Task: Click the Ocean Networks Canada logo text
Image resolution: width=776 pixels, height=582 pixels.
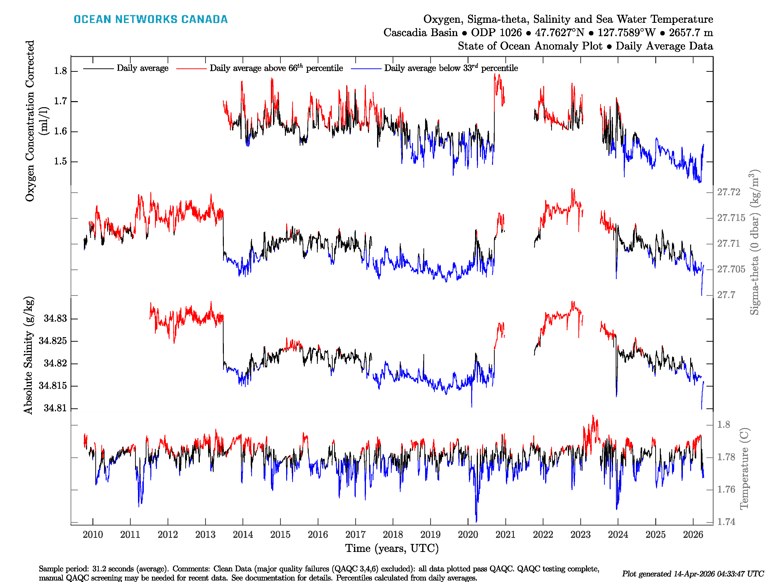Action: (x=151, y=19)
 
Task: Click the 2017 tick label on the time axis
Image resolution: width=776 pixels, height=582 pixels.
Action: (x=355, y=535)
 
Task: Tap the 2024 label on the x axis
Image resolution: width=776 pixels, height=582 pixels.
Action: (x=618, y=535)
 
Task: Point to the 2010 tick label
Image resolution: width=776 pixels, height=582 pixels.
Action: (x=93, y=535)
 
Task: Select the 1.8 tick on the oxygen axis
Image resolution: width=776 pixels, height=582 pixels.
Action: (x=60, y=71)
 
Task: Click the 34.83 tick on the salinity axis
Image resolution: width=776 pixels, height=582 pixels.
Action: (x=55, y=319)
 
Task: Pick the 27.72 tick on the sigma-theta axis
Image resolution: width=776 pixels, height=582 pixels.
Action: (x=728, y=192)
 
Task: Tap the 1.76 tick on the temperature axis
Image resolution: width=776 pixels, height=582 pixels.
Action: (x=726, y=489)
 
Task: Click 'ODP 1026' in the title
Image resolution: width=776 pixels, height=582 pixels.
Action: (x=496, y=33)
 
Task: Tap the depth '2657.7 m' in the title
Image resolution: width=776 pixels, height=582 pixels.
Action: (x=690, y=33)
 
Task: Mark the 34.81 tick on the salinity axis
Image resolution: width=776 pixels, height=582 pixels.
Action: (x=55, y=408)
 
